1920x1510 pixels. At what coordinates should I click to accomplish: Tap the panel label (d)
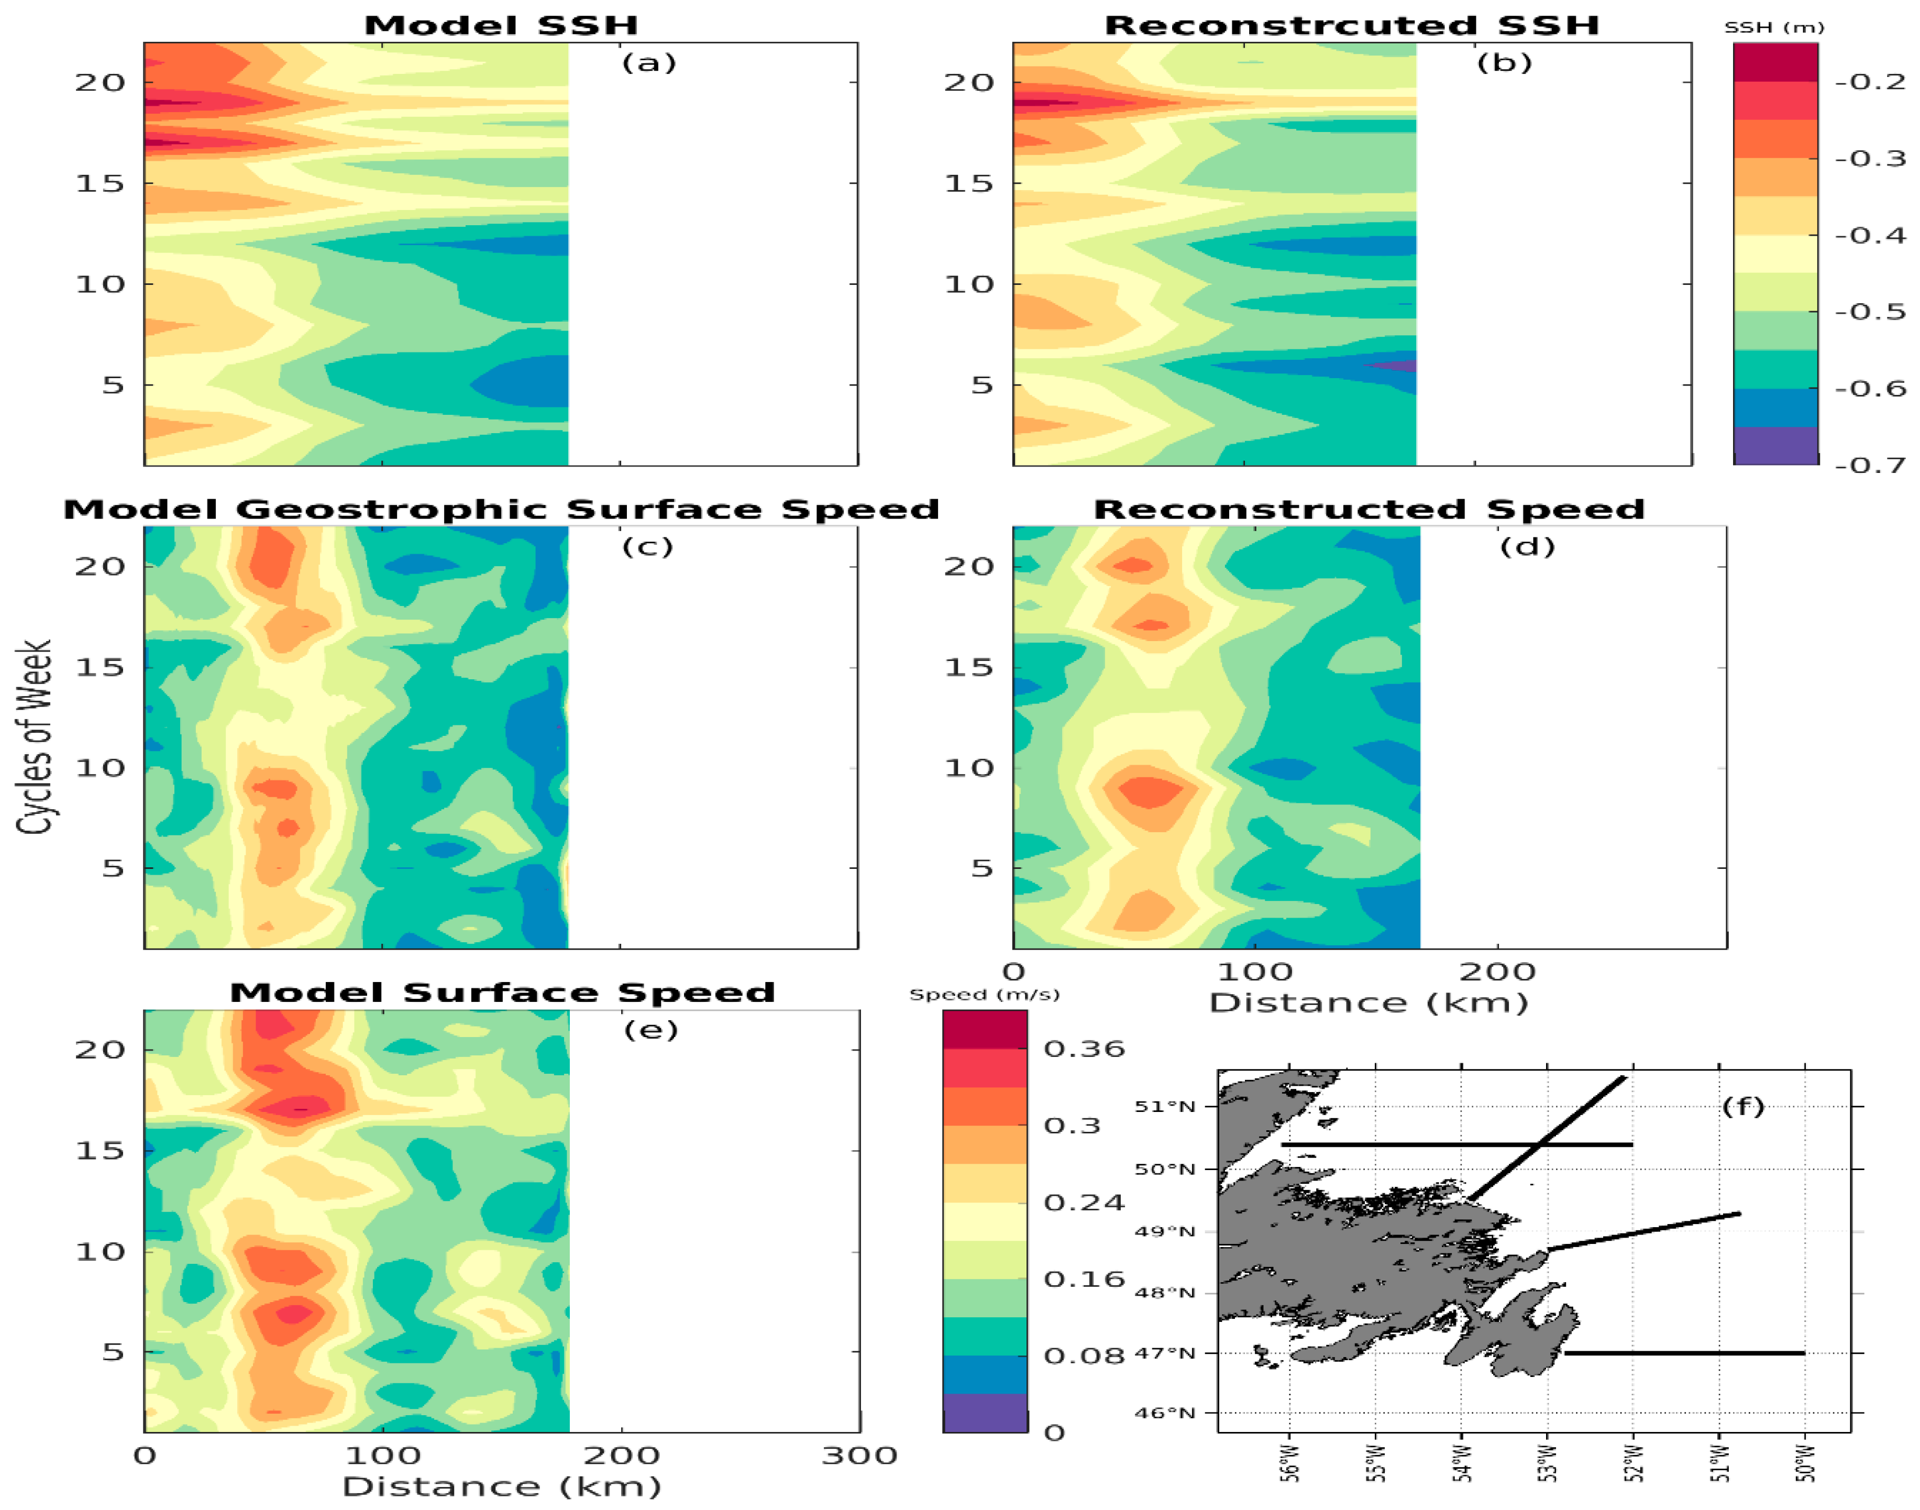tap(1527, 546)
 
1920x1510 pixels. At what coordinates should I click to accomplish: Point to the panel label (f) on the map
tap(1742, 1106)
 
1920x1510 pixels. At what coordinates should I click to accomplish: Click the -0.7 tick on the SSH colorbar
tap(1870, 465)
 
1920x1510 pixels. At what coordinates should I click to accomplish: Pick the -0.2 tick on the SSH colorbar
tap(1870, 81)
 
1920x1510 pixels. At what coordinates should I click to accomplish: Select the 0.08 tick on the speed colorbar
tap(1072, 1355)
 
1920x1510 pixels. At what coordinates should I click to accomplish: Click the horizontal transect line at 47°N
tap(1684, 1353)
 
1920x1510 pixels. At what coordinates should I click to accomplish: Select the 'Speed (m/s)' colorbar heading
tap(984, 995)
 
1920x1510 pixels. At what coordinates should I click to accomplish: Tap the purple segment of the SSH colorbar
tap(1775, 446)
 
